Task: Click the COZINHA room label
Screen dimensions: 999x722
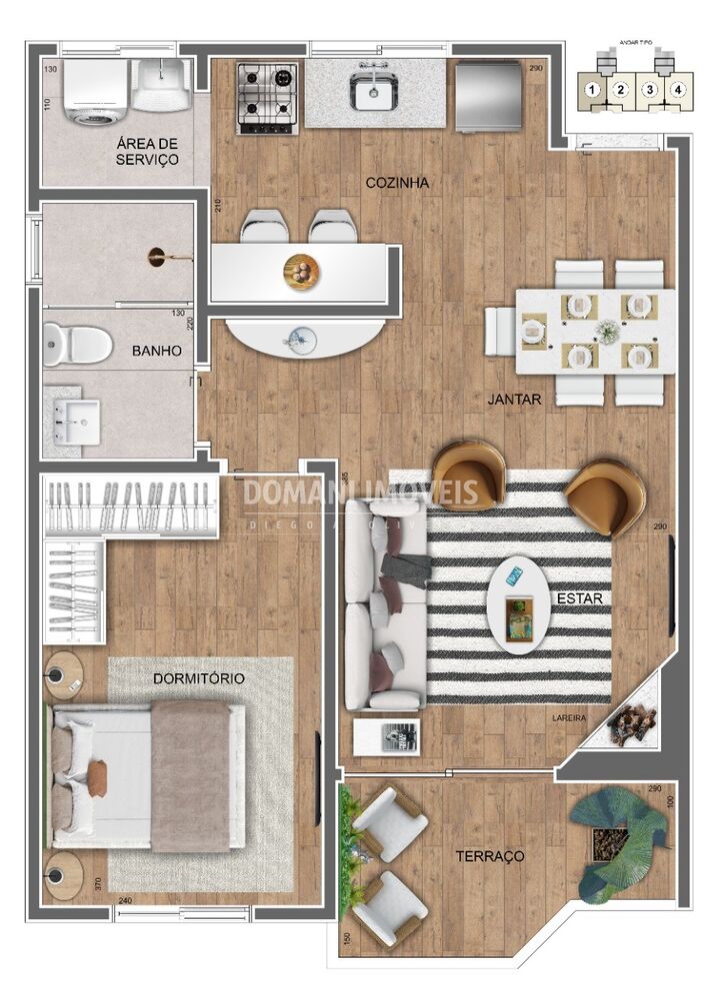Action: pos(397,183)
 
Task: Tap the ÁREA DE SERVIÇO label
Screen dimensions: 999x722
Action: pos(147,151)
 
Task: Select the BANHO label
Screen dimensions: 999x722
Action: pos(156,352)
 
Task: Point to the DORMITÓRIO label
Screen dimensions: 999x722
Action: pos(199,678)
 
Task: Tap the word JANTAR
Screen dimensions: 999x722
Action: pos(514,399)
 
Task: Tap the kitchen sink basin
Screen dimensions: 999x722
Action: pos(372,94)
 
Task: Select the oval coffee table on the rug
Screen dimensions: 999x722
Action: pos(518,603)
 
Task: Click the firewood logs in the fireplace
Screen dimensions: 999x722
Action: pos(632,723)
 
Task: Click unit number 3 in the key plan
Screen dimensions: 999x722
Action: pos(650,91)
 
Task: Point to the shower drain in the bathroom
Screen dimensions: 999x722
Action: pos(157,258)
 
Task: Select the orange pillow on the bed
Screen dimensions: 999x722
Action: pos(97,778)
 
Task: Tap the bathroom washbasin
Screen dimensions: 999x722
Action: pos(78,421)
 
